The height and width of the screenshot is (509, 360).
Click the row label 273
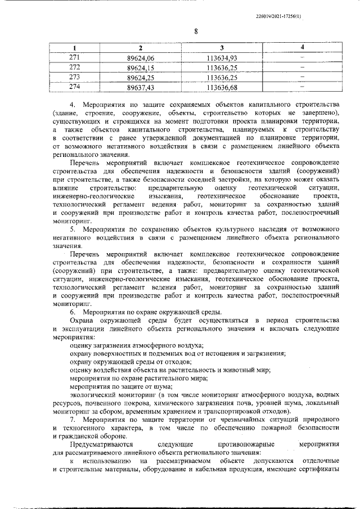point(74,78)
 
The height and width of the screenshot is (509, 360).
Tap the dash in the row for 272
point(301,67)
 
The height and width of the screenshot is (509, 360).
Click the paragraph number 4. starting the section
point(73,105)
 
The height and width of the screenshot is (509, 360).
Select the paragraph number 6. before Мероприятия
point(73,312)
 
